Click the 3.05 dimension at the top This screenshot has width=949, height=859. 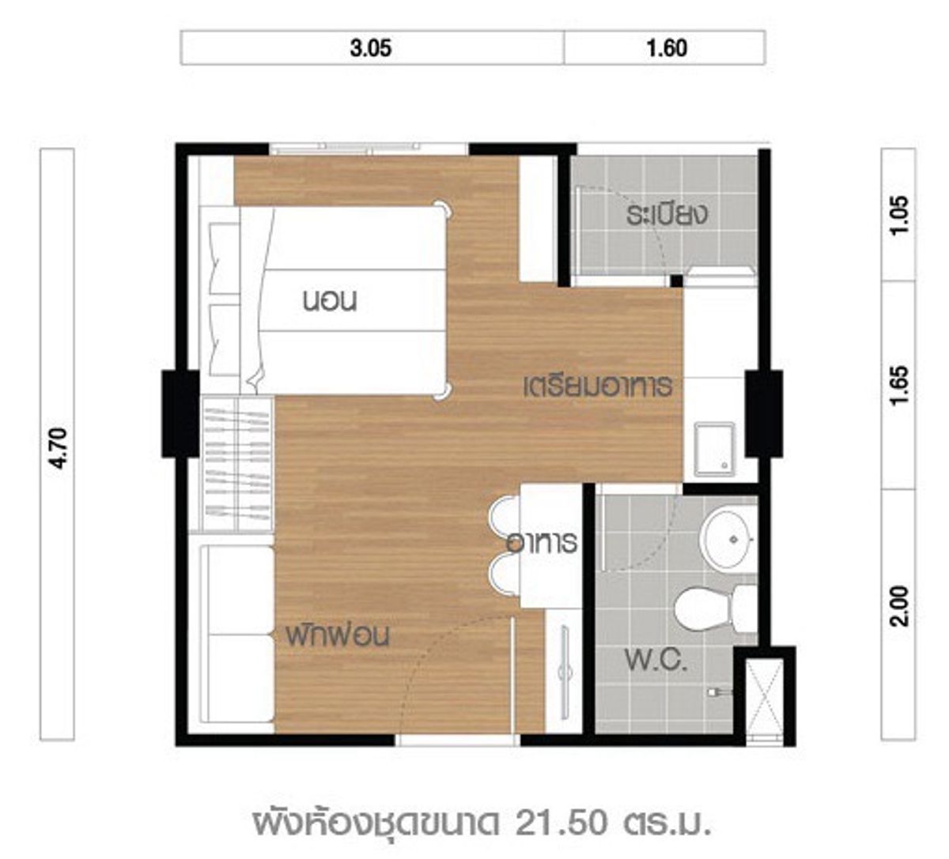click(x=371, y=48)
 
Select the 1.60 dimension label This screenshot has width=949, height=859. click(x=667, y=48)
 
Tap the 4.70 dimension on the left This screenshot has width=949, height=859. click(x=59, y=448)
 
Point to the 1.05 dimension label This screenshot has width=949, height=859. click(x=899, y=214)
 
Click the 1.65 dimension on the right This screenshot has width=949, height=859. click(x=899, y=386)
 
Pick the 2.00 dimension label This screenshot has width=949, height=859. click(x=899, y=606)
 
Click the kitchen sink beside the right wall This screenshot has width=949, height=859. click(x=715, y=449)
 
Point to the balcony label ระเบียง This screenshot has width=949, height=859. click(x=667, y=215)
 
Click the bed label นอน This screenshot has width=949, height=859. click(x=330, y=301)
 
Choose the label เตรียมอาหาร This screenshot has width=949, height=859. click(x=598, y=386)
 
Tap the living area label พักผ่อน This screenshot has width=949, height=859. click(x=338, y=636)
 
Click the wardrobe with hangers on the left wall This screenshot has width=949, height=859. click(x=238, y=464)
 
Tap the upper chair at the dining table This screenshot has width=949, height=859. click(x=505, y=518)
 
